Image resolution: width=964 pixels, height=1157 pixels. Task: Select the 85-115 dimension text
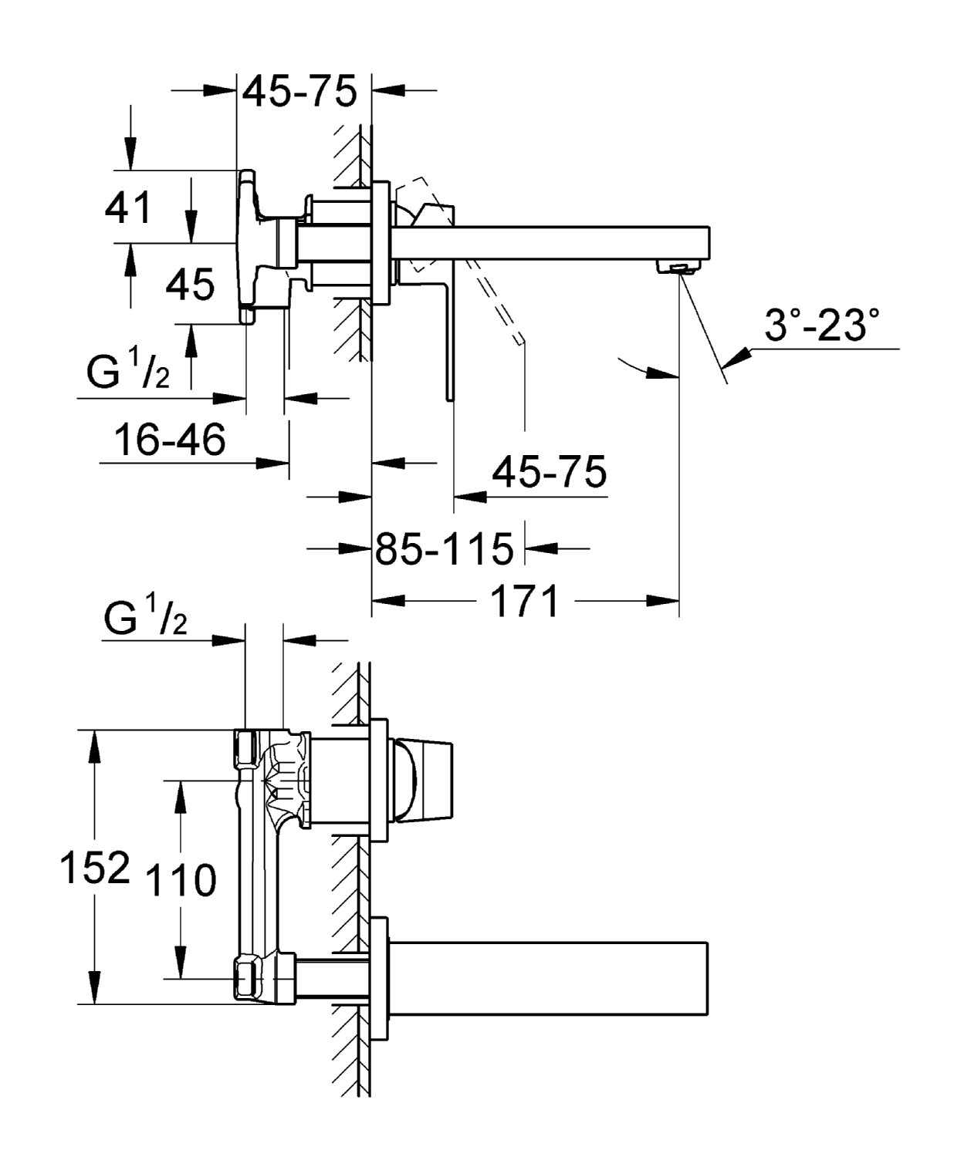[x=444, y=548]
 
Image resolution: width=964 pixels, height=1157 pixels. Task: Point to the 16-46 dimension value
[x=170, y=440]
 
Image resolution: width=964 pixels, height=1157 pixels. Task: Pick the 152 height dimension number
[x=94, y=868]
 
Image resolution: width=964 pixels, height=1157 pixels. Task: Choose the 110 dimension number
[x=181, y=880]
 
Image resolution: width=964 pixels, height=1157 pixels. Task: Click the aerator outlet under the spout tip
[x=677, y=268]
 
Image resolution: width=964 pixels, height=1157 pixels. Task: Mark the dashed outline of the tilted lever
[x=494, y=301]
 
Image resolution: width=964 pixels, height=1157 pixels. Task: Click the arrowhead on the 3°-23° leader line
[x=737, y=356]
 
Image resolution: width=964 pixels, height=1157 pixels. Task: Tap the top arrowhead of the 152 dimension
[x=94, y=743]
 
